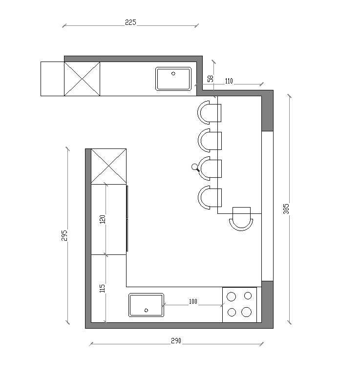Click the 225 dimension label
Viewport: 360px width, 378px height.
(130, 22)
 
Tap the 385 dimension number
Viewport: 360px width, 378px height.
(286, 209)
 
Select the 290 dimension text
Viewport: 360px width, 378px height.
(176, 340)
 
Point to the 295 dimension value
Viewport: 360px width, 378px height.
(64, 235)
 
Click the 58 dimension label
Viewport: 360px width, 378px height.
(211, 79)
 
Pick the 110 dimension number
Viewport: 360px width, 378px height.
(229, 81)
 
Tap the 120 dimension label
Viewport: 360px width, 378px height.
(103, 219)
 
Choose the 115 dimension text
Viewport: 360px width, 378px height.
(102, 288)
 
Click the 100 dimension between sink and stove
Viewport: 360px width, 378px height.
(193, 301)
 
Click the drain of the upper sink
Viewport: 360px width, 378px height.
(173, 74)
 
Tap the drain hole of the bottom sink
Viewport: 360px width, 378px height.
(146, 310)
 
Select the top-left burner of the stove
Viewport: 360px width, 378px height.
(231, 296)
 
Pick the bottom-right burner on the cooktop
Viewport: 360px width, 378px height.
(246, 312)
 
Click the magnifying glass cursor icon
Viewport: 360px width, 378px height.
(195, 168)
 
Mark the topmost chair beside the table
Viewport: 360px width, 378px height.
(209, 113)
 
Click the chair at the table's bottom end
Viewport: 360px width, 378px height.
(241, 219)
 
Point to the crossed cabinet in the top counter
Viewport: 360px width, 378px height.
(82, 79)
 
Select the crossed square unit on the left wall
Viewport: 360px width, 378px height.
(109, 167)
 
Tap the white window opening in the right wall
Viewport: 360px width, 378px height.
(267, 206)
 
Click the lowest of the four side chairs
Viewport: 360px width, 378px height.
(210, 197)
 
